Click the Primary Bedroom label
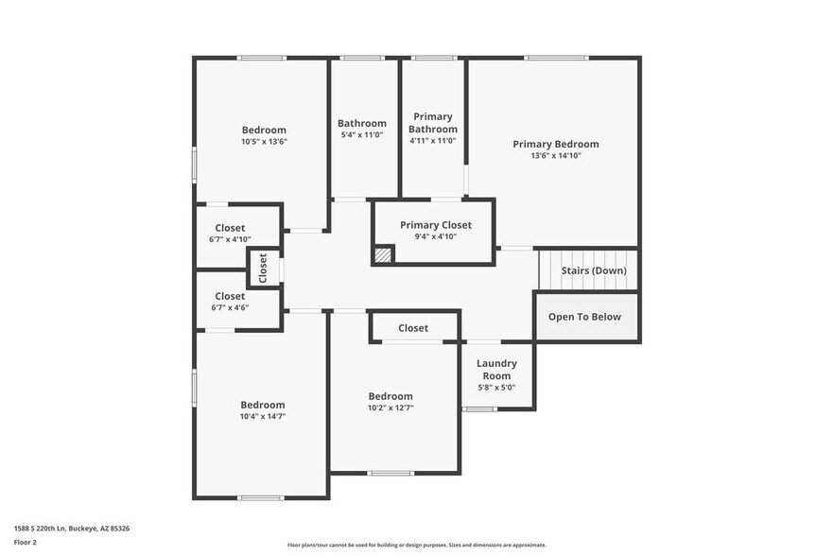(x=555, y=144)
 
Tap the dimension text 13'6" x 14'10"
(x=555, y=156)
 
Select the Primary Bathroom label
(x=433, y=123)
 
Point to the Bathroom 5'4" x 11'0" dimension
(x=362, y=135)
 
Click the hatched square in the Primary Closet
(x=383, y=254)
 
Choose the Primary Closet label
(x=435, y=225)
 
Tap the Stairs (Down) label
(x=593, y=270)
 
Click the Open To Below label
(x=584, y=317)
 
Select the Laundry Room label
(x=496, y=369)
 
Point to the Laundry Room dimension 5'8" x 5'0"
(x=496, y=387)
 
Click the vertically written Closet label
(x=263, y=268)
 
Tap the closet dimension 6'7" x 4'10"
(x=230, y=240)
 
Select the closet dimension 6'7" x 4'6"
(x=230, y=308)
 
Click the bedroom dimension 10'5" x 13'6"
(x=264, y=142)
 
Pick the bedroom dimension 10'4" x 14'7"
(x=262, y=416)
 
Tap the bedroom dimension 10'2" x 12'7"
(x=391, y=408)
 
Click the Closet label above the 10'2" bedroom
(x=413, y=328)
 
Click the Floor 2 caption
(x=26, y=543)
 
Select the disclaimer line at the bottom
(x=416, y=546)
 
